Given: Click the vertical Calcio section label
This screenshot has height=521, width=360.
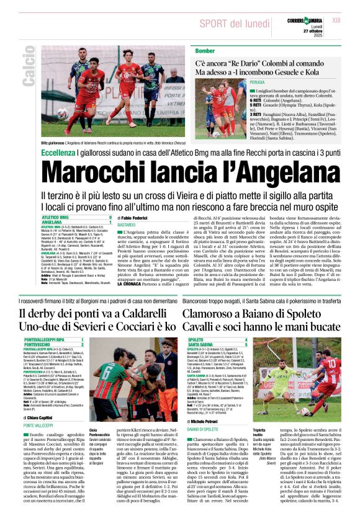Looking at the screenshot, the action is tap(28, 74).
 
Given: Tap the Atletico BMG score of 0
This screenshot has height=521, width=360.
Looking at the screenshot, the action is tap(110, 218).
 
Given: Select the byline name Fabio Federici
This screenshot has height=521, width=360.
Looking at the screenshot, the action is tap(135, 218).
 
